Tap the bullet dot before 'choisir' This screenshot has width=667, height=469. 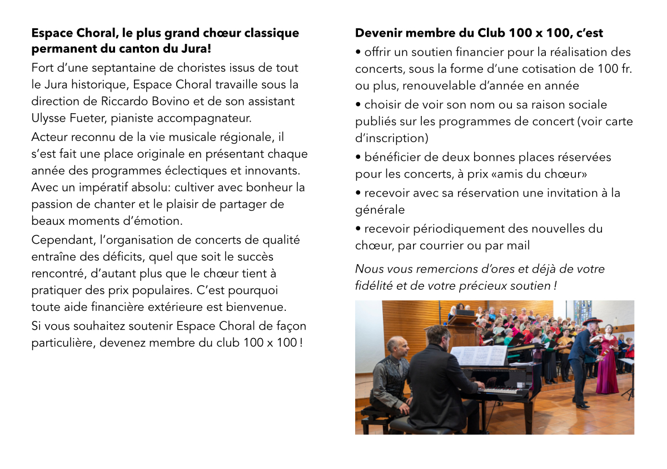[359, 105]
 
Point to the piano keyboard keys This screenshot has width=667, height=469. [504, 390]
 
